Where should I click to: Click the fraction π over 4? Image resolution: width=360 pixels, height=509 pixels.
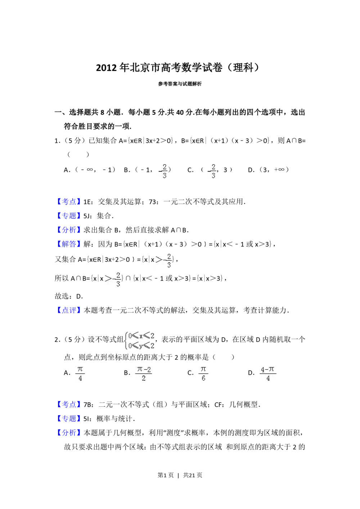tap(80, 373)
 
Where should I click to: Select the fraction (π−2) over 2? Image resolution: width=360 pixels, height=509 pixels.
tap(143, 373)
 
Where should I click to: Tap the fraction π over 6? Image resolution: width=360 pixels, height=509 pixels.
tap(203, 373)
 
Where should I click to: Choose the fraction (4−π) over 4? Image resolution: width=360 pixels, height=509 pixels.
tap(269, 373)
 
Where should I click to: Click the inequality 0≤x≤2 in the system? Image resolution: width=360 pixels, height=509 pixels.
tap(141, 336)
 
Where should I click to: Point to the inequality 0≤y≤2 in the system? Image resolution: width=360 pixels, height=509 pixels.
tap(141, 346)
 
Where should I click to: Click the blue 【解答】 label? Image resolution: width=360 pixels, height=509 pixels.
tap(69, 244)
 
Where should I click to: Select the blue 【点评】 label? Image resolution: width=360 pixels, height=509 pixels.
tap(69, 310)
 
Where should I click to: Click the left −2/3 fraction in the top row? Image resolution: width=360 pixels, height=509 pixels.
tap(163, 171)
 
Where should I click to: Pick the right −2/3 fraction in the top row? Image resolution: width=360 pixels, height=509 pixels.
tap(212, 171)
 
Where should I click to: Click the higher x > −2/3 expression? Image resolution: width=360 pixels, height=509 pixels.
tap(163, 260)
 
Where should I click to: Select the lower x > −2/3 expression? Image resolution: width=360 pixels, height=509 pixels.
tap(112, 279)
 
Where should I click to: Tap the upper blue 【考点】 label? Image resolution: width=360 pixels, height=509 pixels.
tap(69, 201)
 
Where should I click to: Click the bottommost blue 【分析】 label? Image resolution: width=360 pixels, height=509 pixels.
tap(69, 433)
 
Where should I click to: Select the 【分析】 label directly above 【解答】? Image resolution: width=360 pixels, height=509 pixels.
tap(69, 230)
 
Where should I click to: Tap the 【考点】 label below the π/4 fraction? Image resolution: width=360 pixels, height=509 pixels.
tap(69, 404)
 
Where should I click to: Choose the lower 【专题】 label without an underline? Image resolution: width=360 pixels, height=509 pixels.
tap(69, 419)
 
